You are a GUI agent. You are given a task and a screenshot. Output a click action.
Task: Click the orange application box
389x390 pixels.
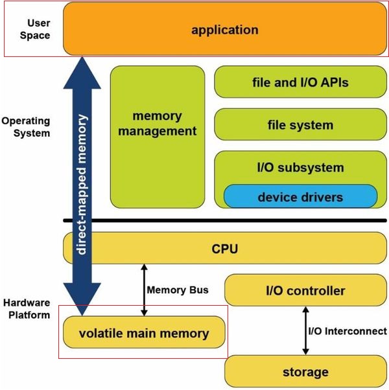click(x=224, y=30)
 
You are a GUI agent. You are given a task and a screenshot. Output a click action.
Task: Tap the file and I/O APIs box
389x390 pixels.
click(x=300, y=83)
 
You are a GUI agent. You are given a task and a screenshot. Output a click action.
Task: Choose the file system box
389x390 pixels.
click(x=300, y=124)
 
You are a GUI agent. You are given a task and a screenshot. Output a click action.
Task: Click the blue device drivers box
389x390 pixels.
click(x=300, y=196)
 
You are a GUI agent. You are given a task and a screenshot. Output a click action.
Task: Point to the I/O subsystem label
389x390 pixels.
click(x=300, y=168)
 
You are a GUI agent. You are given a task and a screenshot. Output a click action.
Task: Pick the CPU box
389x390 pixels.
click(x=224, y=247)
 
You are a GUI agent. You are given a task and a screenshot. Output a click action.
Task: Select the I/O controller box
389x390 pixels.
click(x=305, y=291)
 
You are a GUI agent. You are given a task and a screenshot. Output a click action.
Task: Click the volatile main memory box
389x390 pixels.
click(x=144, y=334)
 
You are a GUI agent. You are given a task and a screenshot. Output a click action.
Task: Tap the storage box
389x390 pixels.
click(x=305, y=372)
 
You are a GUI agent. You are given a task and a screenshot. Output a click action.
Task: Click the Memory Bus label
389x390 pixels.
click(x=178, y=290)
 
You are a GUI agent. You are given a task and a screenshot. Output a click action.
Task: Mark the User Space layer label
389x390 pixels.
click(x=34, y=29)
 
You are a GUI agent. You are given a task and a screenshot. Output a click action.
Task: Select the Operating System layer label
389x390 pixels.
click(x=26, y=127)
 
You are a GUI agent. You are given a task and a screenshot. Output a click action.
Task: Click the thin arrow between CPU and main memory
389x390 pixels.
click(x=144, y=289)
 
